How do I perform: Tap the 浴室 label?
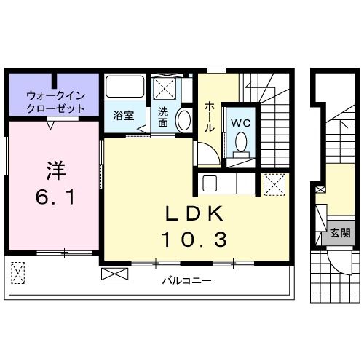coord(122,115)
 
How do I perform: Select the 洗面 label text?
coord(163,118)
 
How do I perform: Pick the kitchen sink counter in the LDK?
coord(219,184)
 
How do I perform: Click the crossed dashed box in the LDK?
coord(274,184)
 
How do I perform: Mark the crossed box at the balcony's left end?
coord(18,272)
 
